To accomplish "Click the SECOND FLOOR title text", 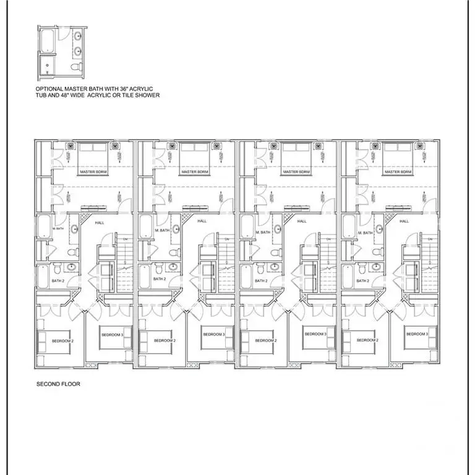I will coord(58,383).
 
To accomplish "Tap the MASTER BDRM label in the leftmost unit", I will coord(93,171).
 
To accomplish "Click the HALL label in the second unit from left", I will coord(202,221).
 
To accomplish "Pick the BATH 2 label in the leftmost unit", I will coord(58,280).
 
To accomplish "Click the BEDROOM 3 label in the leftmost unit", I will coord(113,334).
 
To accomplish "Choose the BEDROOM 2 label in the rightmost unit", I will coord(367,340).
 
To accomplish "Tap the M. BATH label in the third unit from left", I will coord(262,232).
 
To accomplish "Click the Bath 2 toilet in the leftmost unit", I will coord(57,268).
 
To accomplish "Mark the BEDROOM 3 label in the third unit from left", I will coord(316,334).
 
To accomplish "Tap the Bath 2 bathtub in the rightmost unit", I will coord(349,276).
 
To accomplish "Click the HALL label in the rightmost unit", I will coord(404,221).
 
